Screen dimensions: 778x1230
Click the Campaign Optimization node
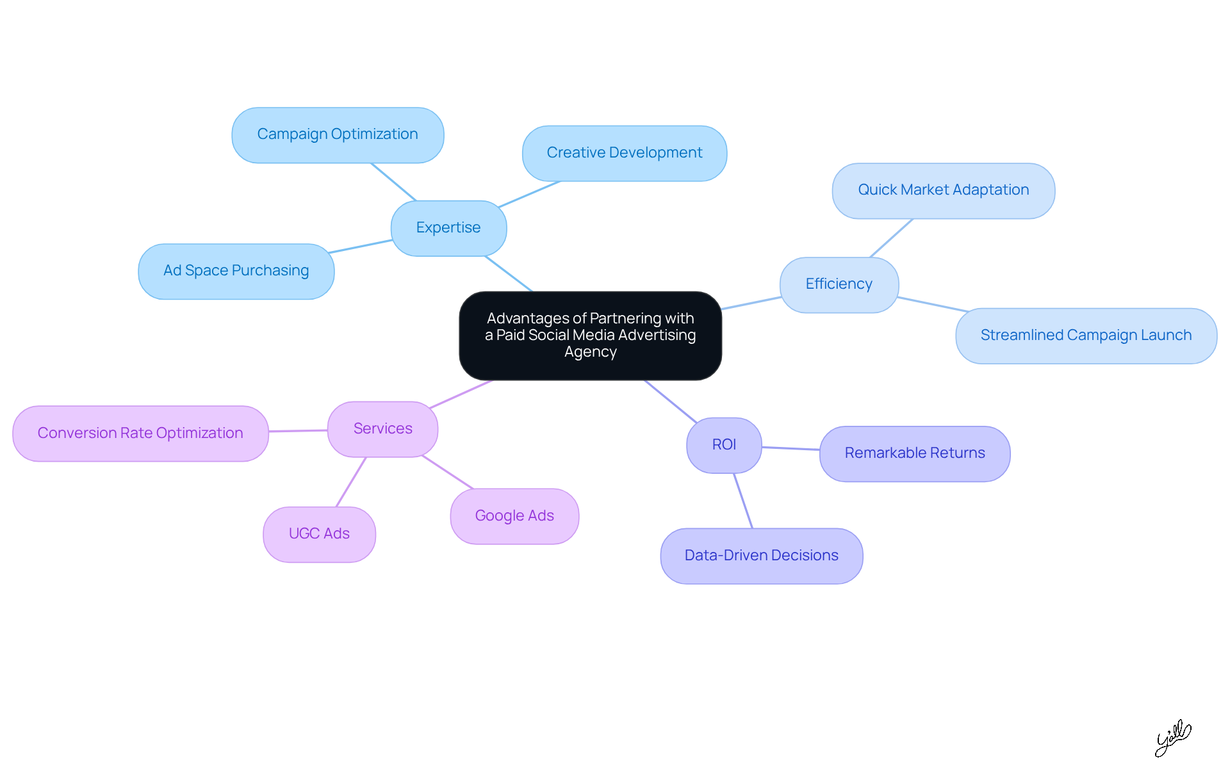point(338,135)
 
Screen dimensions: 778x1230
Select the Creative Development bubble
point(625,153)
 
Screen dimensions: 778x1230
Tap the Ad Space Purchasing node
point(236,271)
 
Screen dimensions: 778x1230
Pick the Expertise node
point(448,228)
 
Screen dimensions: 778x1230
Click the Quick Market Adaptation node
point(943,190)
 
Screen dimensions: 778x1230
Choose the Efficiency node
point(839,284)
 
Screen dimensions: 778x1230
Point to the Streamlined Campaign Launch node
point(1086,336)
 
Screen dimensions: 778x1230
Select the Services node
point(382,429)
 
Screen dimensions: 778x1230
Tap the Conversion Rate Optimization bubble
point(140,434)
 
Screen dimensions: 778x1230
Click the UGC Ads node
point(319,534)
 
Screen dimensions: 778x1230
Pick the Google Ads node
point(514,516)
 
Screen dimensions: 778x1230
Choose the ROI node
point(724,445)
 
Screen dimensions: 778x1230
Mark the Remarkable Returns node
point(915,453)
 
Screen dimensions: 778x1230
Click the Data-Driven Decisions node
point(761,556)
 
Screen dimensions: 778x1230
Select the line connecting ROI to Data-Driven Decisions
point(743,501)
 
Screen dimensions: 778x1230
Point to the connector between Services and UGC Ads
point(351,482)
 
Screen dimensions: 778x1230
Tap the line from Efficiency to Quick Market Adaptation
point(891,238)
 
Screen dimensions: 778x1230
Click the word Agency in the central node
point(590,352)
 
